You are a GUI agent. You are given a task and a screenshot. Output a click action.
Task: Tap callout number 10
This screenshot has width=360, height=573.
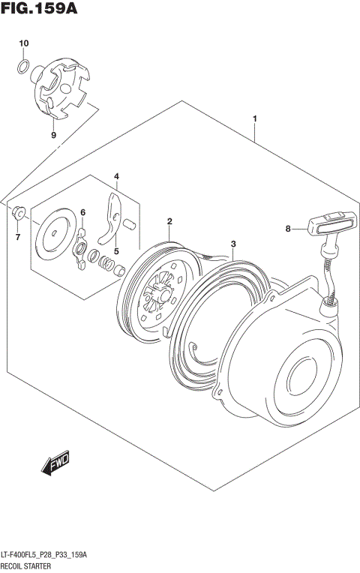pos(23,43)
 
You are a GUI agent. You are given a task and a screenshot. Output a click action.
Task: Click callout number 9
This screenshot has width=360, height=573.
pos(53,135)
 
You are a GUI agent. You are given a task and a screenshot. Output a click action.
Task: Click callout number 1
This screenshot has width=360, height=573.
pos(255,119)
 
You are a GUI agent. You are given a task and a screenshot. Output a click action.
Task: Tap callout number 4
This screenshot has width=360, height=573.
pos(116,176)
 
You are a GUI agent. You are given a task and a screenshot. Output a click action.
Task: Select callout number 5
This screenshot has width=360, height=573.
pos(116,250)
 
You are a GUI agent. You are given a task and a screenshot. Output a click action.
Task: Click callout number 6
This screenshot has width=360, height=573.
pos(83,212)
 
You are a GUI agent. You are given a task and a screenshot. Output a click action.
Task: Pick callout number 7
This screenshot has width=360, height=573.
pos(19,238)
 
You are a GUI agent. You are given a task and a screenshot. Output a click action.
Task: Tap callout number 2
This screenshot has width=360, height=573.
pos(170,221)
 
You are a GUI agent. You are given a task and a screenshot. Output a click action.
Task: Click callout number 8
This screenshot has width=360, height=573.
pos(287,229)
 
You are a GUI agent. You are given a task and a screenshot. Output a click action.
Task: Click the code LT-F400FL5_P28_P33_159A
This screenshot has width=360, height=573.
pos(44,554)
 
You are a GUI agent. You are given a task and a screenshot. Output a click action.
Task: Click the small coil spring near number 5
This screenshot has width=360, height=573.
pos(108,264)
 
